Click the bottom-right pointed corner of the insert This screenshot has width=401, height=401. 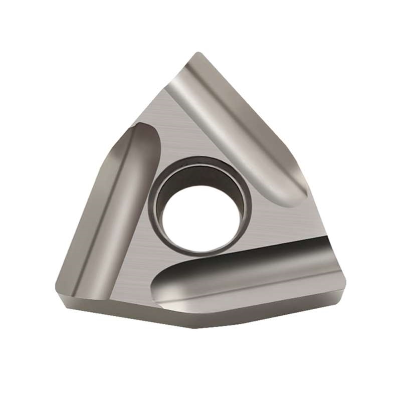click(x=341, y=299)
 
